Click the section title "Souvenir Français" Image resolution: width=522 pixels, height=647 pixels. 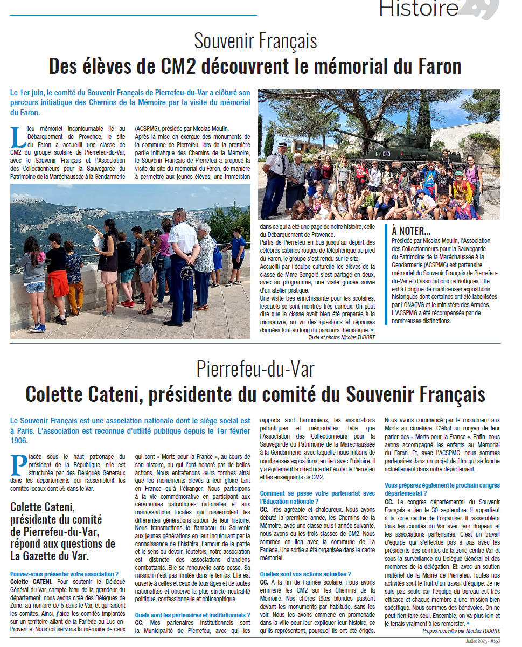coord(255,41)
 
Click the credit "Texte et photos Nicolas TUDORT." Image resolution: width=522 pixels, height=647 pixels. coord(342,337)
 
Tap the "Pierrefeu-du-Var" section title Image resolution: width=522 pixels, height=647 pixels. coord(255,370)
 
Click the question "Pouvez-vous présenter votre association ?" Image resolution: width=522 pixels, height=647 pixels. coord(65,575)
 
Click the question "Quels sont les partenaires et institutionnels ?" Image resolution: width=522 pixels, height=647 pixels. coord(192,615)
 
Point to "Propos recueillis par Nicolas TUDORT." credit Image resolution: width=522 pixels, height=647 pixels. coord(461,631)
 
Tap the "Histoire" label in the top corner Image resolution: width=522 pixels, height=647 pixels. coord(419,8)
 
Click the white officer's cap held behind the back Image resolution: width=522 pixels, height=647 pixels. coord(187,270)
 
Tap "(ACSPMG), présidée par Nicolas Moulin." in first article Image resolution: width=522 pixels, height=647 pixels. coord(182,129)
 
